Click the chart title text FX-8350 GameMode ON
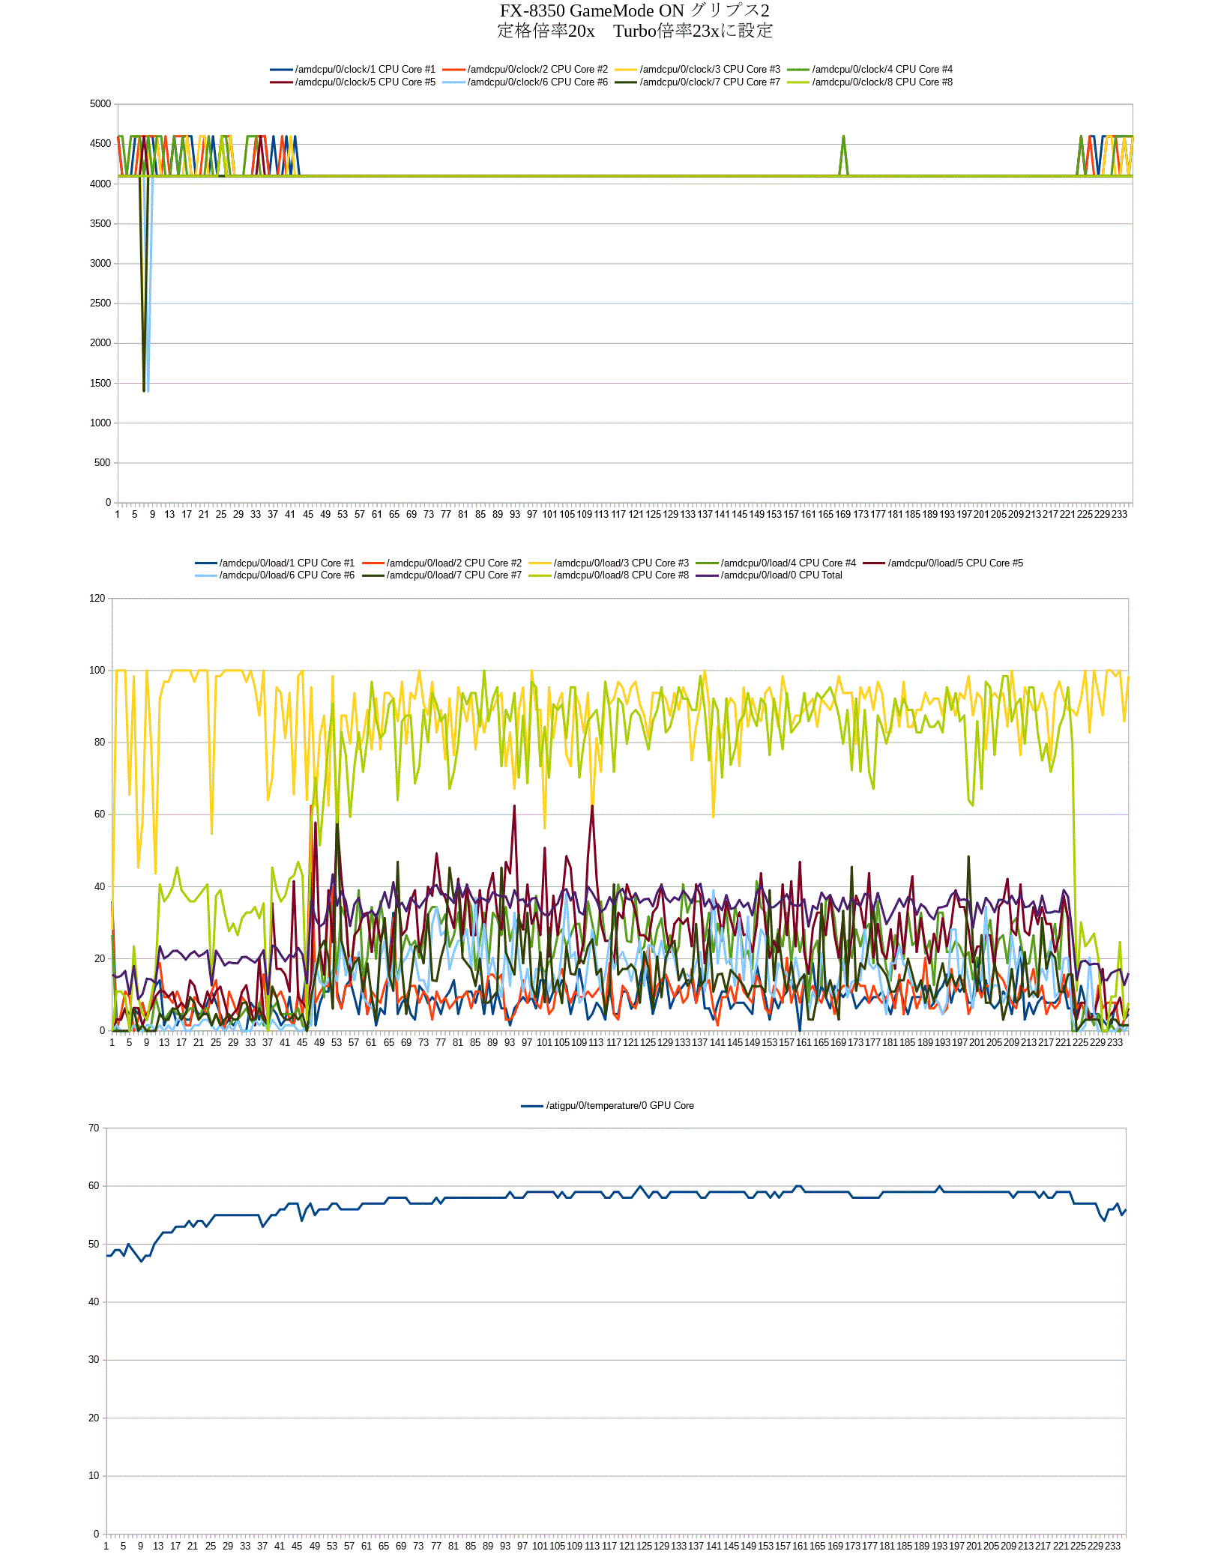click(592, 10)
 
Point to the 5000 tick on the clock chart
click(100, 104)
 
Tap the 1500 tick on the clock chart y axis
click(100, 384)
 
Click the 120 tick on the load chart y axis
click(97, 599)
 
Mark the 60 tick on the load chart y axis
click(100, 814)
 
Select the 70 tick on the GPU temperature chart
click(94, 1128)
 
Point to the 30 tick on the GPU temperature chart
click(94, 1360)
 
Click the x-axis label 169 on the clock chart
click(843, 515)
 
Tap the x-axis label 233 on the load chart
click(1115, 1043)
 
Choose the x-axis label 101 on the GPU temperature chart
click(540, 1547)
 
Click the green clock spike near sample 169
click(843, 137)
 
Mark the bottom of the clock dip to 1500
click(144, 390)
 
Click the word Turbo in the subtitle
click(634, 31)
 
